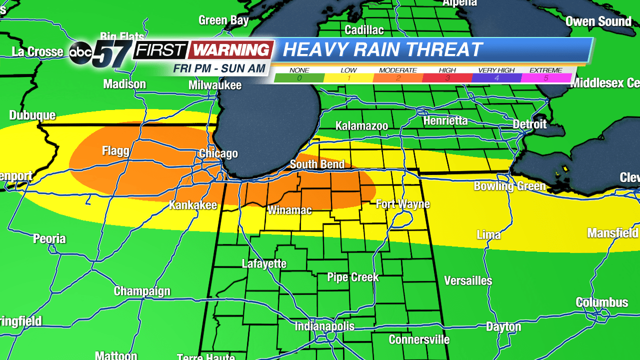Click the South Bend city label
317,164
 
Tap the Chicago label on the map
218,153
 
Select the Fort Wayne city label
402,204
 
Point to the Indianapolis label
324,326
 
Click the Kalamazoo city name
361,126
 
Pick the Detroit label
529,123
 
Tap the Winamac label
289,210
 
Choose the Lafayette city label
264,263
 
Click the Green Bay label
223,20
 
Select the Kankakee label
192,205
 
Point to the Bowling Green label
509,186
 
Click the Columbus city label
601,302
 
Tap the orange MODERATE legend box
397,78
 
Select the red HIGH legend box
447,78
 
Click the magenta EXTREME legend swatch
546,78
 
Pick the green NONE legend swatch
299,78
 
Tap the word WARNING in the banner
231,50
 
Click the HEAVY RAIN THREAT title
382,49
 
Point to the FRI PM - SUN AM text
219,68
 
